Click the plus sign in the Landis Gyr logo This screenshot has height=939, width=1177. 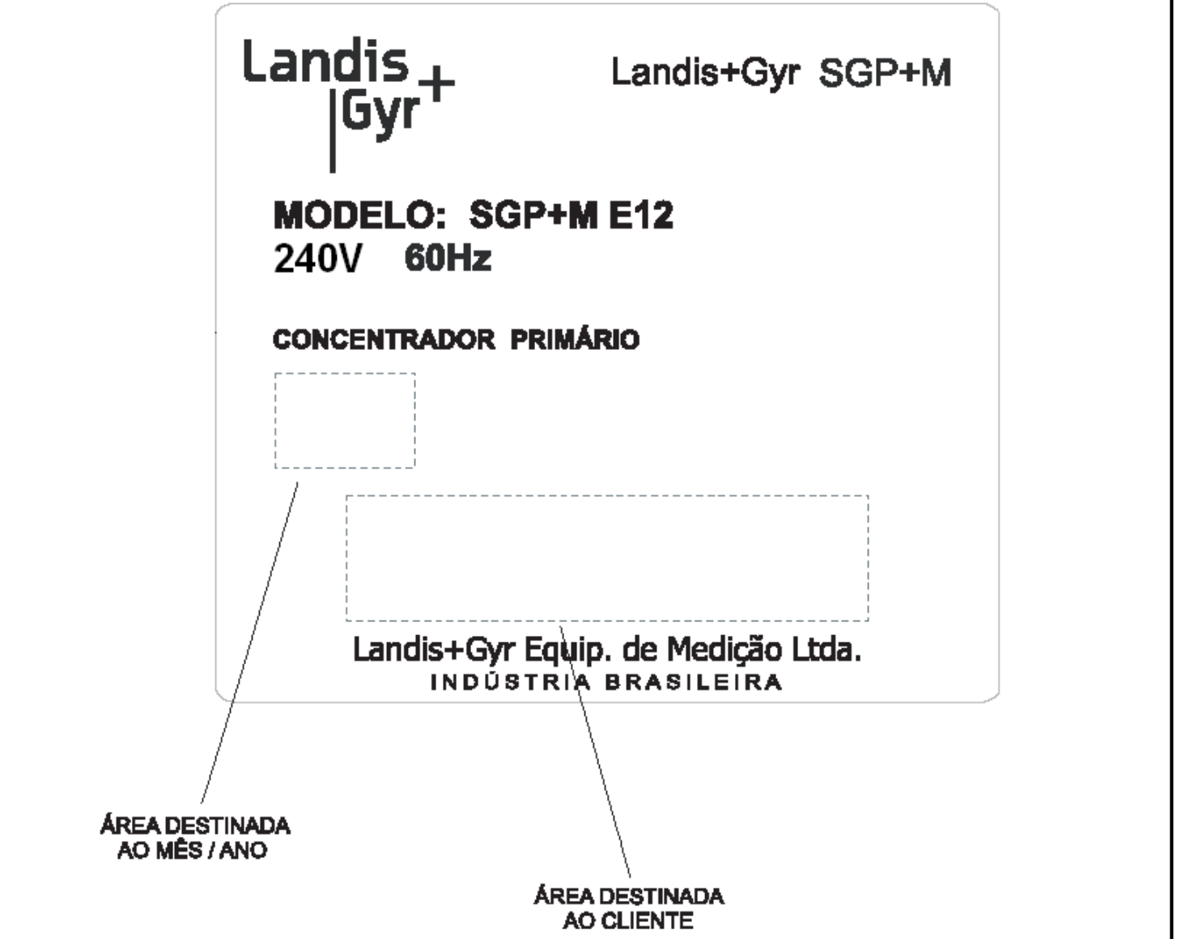click(x=436, y=83)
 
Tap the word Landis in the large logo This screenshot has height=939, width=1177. click(x=325, y=61)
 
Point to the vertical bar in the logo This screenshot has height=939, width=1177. click(x=333, y=131)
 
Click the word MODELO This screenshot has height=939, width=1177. click(x=360, y=215)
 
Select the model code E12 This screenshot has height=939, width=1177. click(x=641, y=215)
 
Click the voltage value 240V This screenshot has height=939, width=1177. click(x=317, y=258)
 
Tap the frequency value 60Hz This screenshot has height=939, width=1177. click(x=448, y=258)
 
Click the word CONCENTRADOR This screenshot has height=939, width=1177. click(x=384, y=339)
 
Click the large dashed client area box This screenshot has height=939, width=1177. click(x=607, y=496)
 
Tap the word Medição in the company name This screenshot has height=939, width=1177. click(x=724, y=650)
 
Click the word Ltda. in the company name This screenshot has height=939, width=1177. click(x=826, y=650)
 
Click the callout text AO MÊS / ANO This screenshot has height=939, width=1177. click(x=193, y=851)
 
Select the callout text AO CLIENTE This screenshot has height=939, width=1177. click(x=628, y=921)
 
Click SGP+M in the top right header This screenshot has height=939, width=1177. click(x=885, y=73)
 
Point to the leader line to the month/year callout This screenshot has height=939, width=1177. click(x=249, y=642)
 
